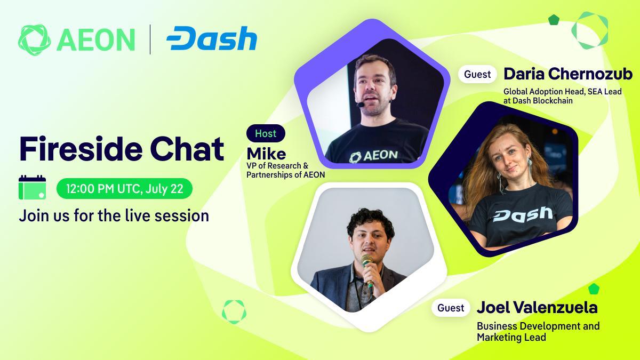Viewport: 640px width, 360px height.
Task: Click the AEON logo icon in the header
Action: tap(34, 39)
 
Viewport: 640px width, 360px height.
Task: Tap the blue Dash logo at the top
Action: tap(212, 38)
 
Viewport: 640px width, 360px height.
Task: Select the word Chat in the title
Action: tap(187, 149)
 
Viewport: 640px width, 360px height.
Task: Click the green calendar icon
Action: tap(33, 187)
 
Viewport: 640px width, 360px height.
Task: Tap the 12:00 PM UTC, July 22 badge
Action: tap(125, 189)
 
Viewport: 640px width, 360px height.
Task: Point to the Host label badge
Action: tap(266, 133)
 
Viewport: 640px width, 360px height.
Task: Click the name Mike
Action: tap(266, 154)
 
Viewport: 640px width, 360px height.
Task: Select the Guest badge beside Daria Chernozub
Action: tap(477, 74)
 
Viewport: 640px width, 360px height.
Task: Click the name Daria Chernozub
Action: tap(568, 74)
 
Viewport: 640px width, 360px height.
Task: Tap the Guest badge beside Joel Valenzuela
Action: tap(451, 308)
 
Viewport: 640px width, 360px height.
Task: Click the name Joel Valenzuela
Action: tap(537, 307)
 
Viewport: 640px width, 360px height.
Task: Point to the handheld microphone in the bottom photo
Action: tap(367, 270)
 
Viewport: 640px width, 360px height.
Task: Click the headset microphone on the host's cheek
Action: tap(361, 105)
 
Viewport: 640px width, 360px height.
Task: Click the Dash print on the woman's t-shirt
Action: tap(523, 214)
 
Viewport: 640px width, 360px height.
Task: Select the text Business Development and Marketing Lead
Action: tap(538, 332)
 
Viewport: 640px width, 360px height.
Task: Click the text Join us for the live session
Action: tap(114, 215)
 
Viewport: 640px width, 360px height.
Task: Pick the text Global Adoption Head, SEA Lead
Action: tap(563, 91)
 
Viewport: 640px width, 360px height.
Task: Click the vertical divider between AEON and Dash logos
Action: tap(150, 39)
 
